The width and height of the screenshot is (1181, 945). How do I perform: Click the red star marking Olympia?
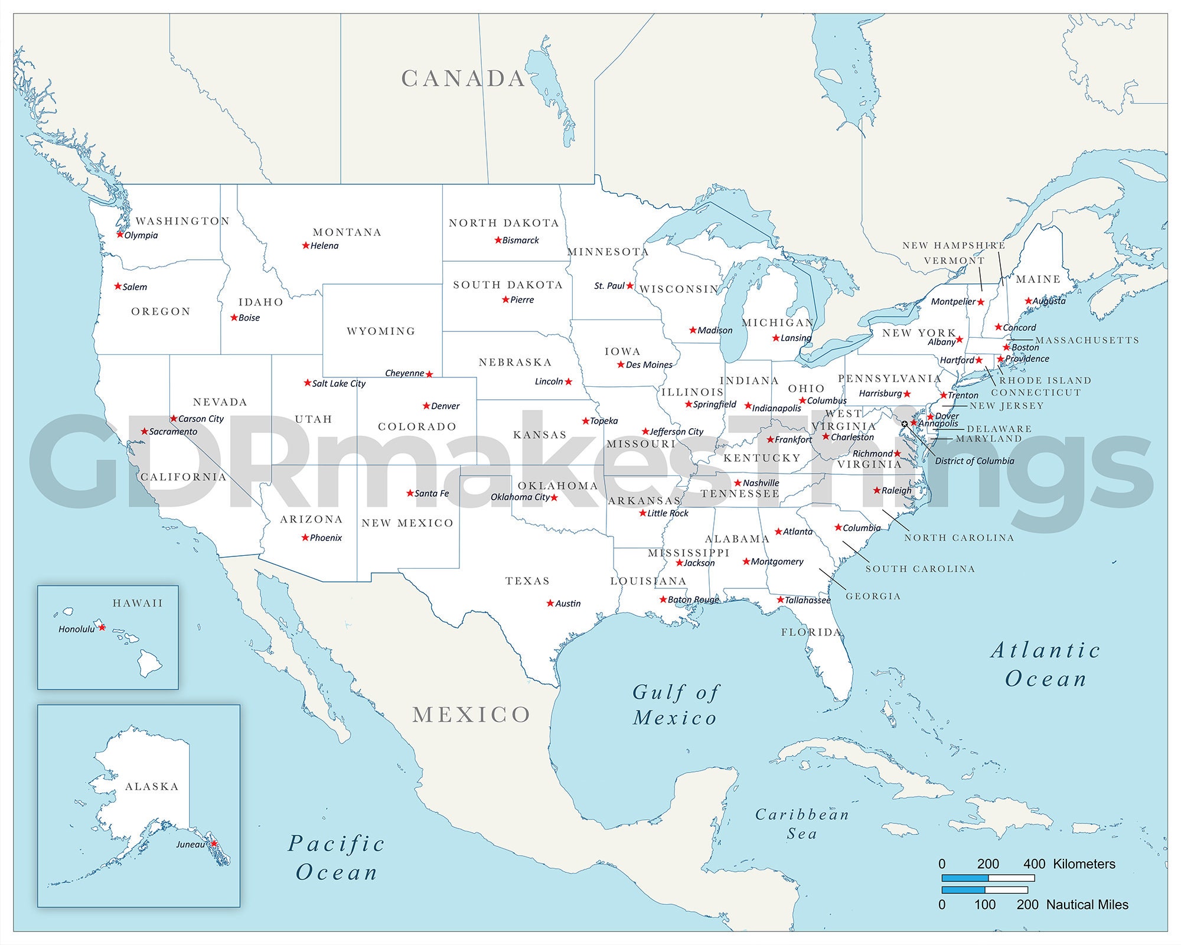120,234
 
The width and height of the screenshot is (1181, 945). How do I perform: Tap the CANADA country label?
464,79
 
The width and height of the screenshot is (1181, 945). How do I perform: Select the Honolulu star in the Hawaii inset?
102,627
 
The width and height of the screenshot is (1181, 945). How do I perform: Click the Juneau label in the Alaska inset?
190,845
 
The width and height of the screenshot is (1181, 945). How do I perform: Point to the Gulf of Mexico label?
676,705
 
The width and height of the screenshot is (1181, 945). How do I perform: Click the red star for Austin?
550,603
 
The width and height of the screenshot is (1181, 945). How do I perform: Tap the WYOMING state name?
381,331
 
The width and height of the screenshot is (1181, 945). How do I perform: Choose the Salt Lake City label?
339,383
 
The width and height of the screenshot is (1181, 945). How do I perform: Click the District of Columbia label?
974,461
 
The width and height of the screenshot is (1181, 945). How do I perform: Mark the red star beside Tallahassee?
780,599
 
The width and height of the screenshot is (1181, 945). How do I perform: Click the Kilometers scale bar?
987,878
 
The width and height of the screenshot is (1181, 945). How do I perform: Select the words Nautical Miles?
1087,905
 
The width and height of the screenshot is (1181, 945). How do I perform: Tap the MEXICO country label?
471,715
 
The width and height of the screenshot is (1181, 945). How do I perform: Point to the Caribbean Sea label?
802,824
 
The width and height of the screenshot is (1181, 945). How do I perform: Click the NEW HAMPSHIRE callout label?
953,245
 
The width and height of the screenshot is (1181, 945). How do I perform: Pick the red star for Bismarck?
498,240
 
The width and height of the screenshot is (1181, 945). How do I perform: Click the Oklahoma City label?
520,497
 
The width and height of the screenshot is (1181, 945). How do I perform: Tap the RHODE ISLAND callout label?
1045,380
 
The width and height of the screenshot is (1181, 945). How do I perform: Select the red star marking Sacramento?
144,432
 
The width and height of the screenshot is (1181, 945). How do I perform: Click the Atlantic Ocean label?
1046,664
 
